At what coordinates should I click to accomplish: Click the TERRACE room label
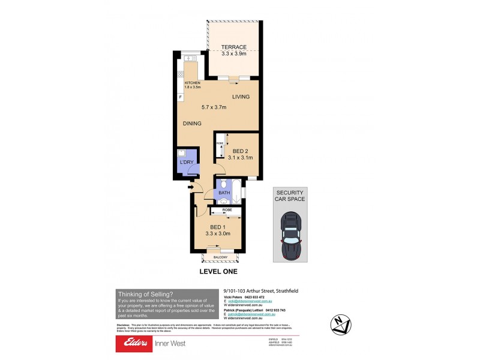pos(233,46)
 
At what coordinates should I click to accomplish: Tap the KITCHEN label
pos(192,83)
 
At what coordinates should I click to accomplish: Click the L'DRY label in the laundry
pos(185,163)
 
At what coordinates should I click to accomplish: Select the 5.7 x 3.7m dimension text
pos(212,107)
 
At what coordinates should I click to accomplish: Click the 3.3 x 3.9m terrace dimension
pos(233,53)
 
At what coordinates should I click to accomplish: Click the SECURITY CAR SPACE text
pos(290,195)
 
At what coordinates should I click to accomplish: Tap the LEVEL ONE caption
pos(218,272)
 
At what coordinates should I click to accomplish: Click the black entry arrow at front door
pos(190,188)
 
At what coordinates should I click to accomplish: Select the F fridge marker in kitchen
pos(180,97)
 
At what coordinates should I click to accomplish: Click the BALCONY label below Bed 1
pos(220,257)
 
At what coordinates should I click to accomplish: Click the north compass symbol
pos(342,325)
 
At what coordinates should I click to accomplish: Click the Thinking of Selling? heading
pos(145,293)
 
